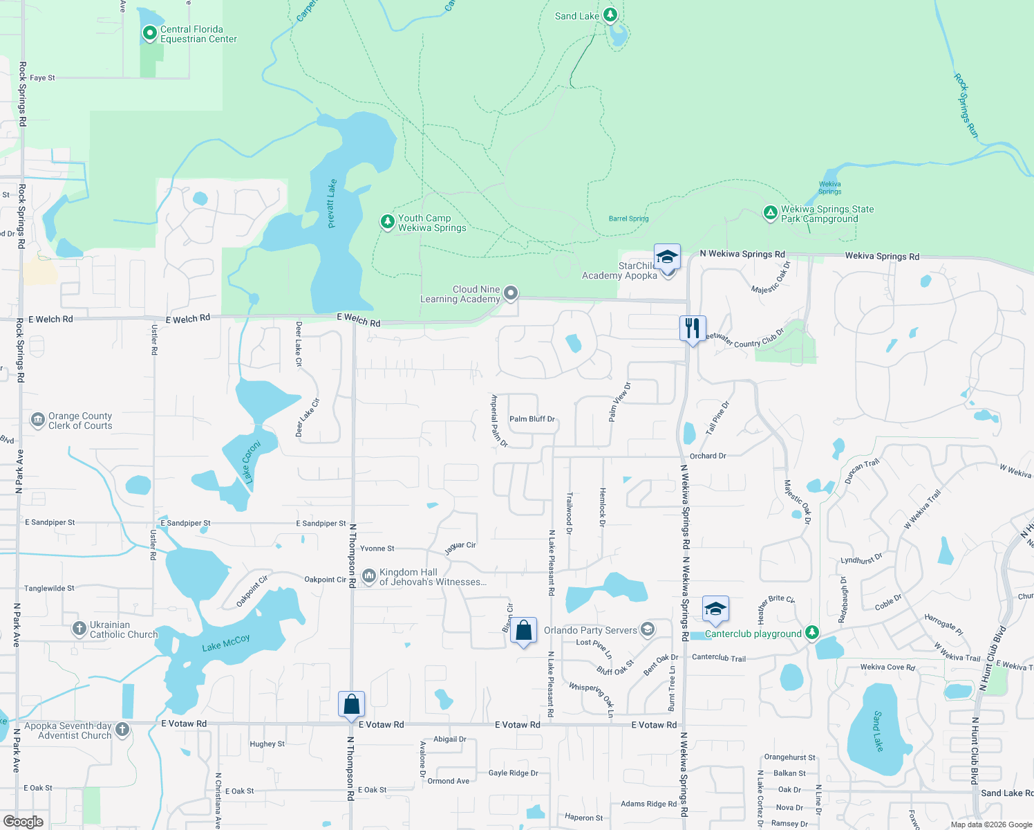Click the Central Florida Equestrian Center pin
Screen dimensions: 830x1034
149,33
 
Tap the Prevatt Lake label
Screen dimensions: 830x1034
332,203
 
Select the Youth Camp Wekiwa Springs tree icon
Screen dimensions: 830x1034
387,221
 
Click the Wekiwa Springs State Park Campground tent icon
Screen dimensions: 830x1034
770,212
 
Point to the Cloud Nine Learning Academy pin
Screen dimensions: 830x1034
511,293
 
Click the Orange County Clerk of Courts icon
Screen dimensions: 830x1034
38,420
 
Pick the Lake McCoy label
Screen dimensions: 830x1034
226,643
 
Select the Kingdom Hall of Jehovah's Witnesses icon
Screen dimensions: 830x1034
368,575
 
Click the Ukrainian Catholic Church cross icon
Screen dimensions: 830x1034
79,629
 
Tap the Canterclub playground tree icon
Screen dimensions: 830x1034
812,632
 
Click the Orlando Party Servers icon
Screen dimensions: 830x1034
648,629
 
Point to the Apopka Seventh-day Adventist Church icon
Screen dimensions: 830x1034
122,729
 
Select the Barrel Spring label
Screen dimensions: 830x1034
628,219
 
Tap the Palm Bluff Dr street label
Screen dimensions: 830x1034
532,419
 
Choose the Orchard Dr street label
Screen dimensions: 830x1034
708,456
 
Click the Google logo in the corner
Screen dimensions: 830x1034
23,822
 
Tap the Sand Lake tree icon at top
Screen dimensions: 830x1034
610,14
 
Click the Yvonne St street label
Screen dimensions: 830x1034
377,548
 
